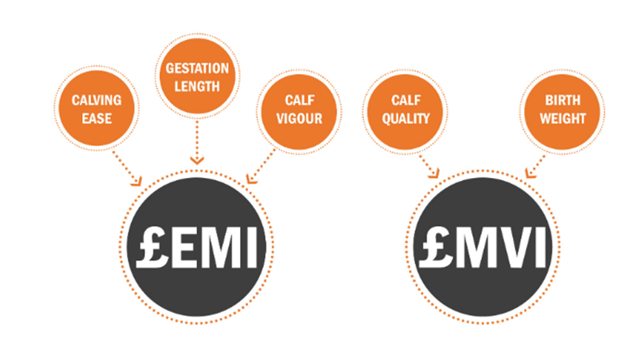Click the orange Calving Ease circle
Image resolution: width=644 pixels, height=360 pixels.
97,109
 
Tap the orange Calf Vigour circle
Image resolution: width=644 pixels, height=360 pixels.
299,109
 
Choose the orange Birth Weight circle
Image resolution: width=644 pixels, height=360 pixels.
563,109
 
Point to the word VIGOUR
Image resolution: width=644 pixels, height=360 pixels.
299,118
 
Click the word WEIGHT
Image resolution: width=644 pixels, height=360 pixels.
563,118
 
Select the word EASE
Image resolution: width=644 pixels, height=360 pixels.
97,118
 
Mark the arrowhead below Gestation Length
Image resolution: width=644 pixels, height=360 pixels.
197,160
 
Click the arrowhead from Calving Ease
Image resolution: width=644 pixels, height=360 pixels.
137,182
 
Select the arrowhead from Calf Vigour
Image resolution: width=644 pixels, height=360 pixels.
252,181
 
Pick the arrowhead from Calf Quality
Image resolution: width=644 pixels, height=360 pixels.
434,175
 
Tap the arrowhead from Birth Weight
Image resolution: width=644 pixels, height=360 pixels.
529,175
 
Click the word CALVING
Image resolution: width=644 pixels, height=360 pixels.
97,100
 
